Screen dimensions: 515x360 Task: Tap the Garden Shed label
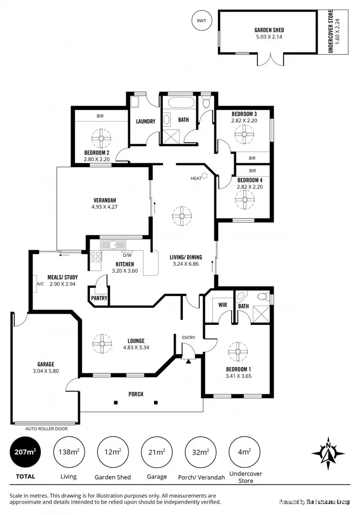click(269, 30)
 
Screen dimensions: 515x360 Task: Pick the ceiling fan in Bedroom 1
click(238, 352)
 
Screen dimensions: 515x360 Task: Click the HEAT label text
click(196, 178)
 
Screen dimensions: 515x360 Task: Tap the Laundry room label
click(145, 122)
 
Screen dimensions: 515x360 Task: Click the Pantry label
click(99, 298)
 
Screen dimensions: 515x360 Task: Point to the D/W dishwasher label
click(127, 255)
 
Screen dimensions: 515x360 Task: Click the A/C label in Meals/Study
click(40, 283)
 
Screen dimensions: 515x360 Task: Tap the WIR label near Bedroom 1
click(222, 305)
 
